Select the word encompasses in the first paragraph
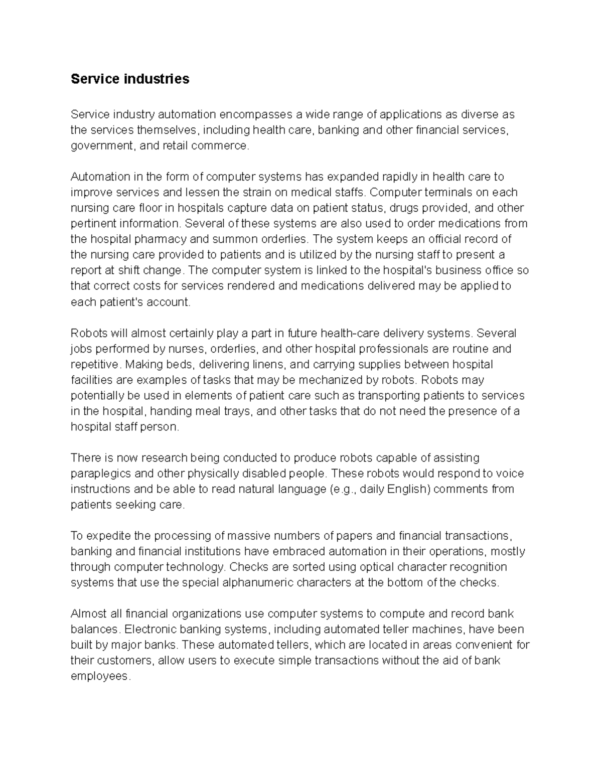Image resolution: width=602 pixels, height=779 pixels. [249, 115]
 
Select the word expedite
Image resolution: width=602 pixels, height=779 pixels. [109, 536]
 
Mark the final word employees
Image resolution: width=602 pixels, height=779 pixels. [100, 677]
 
